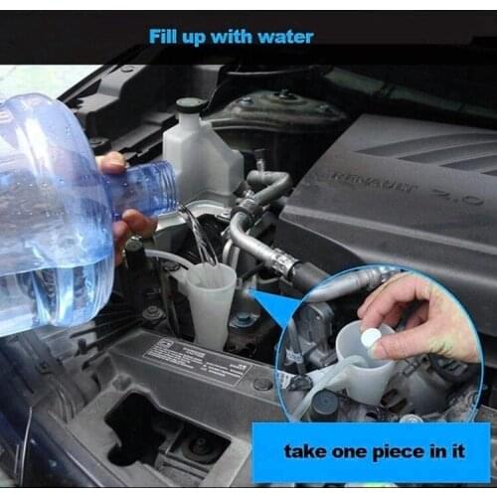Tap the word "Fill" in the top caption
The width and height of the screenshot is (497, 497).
pos(164,37)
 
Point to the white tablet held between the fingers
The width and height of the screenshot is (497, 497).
pos(370,339)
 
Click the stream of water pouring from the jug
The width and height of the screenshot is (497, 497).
pos(198,234)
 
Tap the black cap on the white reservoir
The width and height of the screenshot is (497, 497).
pos(190,104)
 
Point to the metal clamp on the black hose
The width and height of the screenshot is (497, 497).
pos(284,265)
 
